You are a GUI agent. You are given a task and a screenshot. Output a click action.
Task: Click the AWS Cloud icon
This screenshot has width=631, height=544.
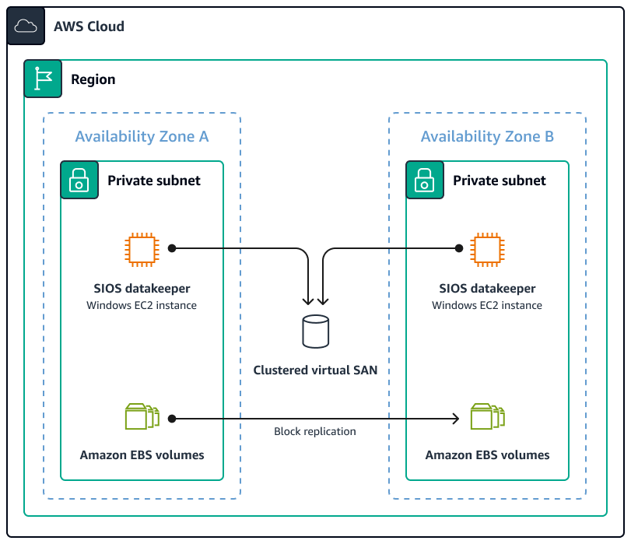coord(26,26)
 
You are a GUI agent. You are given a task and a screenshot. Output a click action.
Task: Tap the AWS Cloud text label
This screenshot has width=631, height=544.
coord(89,26)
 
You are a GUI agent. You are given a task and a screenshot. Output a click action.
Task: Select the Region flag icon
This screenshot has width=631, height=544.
coord(43,79)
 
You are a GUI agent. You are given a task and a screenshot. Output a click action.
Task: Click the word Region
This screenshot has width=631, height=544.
coord(93,79)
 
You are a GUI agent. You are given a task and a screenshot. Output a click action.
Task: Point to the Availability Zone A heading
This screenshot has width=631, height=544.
coord(142,137)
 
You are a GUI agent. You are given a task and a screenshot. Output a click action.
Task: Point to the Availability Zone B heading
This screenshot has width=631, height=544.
coord(487,137)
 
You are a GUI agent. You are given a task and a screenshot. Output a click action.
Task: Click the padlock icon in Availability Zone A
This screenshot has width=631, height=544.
coord(79,181)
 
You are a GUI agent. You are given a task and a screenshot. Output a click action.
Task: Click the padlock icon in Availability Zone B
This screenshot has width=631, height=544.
coord(425,181)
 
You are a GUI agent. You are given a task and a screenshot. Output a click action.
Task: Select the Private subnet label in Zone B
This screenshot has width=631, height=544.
coord(500,181)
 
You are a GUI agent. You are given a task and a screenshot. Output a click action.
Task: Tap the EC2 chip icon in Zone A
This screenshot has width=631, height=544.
coord(142,249)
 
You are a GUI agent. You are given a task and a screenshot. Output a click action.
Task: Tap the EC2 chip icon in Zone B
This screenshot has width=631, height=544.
coord(487,249)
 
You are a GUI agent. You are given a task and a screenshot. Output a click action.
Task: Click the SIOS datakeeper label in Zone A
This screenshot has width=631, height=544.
coord(142,289)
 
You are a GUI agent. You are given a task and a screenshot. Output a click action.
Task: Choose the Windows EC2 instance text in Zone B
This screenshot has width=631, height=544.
coord(487,305)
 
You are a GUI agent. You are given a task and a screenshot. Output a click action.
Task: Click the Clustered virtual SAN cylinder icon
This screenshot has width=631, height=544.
coord(315,332)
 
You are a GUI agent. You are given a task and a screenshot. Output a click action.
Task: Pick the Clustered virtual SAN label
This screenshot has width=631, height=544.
coord(315,370)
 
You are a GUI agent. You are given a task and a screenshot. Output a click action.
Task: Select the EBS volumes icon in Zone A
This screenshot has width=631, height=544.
coord(142,417)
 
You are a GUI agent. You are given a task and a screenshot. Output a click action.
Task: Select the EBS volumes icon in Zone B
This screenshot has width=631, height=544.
coord(487,417)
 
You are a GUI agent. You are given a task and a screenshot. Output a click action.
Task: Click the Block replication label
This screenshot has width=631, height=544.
coord(314,431)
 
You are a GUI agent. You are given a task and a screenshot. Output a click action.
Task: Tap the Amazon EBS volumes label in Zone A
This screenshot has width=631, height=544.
coord(142,455)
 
